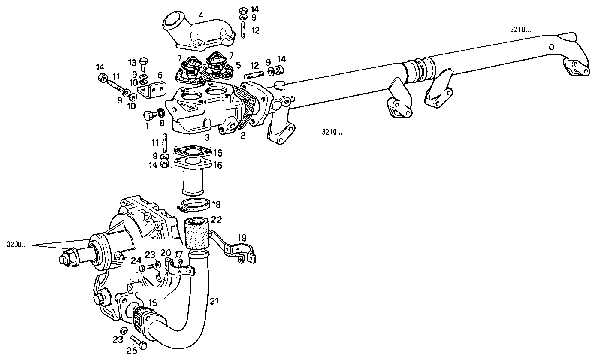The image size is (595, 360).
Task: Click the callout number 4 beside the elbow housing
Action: pyautogui.click(x=200, y=15)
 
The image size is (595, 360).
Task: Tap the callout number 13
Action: pyautogui.click(x=132, y=62)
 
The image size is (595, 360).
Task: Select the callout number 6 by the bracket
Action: pyautogui.click(x=160, y=75)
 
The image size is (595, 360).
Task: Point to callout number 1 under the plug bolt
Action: pyautogui.click(x=147, y=126)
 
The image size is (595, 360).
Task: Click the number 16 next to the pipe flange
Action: pyautogui.click(x=218, y=165)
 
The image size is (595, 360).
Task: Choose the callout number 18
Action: pyautogui.click(x=217, y=205)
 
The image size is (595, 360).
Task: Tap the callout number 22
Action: pyautogui.click(x=217, y=220)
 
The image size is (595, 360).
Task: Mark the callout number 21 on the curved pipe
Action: pyautogui.click(x=214, y=302)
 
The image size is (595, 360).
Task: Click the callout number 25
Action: pyautogui.click(x=132, y=351)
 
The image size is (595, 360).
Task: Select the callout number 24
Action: pyautogui.click(x=136, y=260)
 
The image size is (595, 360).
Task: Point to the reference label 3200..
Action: pyautogui.click(x=16, y=245)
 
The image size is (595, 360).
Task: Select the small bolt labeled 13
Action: pyautogui.click(x=144, y=65)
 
